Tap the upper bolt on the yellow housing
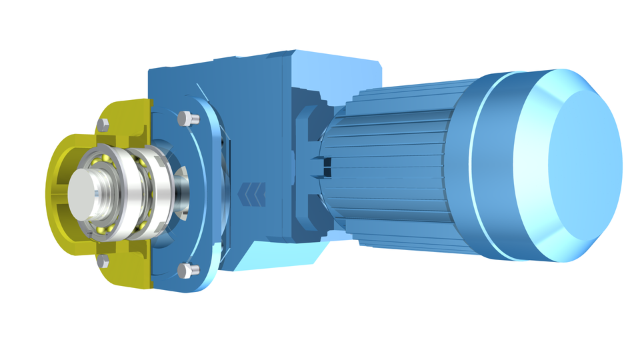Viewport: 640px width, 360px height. pyautogui.click(x=103, y=124)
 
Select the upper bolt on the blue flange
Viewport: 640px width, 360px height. pyautogui.click(x=186, y=119)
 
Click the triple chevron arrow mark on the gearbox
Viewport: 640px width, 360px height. pyautogui.click(x=253, y=194)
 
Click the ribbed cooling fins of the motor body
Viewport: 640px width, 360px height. pyautogui.click(x=393, y=167)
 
